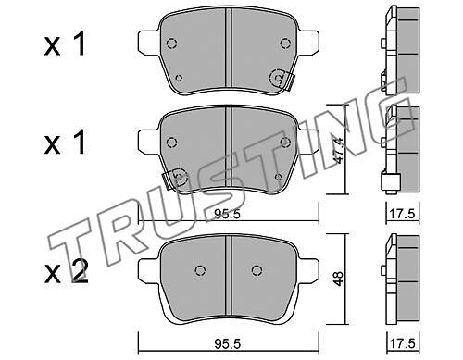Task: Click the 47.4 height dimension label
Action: (339, 150)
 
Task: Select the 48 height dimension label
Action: (339, 279)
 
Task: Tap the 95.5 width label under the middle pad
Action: (227, 214)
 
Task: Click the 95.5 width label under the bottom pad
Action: (227, 343)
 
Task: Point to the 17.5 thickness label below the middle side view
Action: (402, 214)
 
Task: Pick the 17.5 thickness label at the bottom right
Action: (402, 343)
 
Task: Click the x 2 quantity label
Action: (66, 272)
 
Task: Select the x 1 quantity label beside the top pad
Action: (64, 45)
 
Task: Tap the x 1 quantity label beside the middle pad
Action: (64, 142)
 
